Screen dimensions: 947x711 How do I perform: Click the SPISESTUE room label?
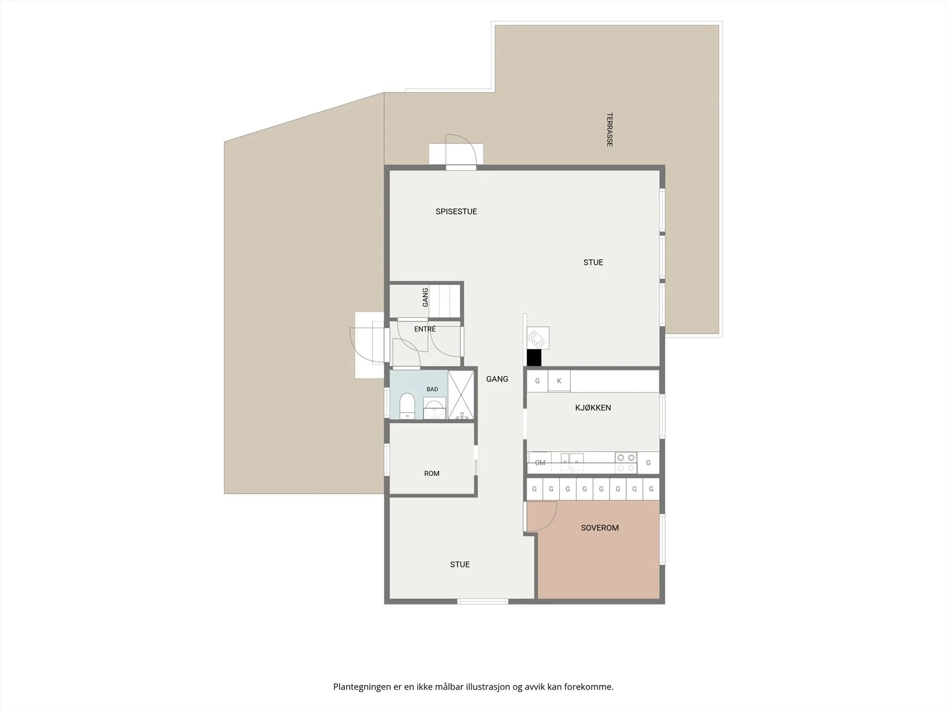(456, 212)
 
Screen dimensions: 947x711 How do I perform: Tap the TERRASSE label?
(610, 130)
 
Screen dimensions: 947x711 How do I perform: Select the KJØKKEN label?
(593, 408)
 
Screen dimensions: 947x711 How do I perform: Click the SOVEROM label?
(600, 527)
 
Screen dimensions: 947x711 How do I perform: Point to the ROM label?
(431, 473)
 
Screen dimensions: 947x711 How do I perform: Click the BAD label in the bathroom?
(432, 389)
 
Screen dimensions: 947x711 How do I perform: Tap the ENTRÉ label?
(425, 329)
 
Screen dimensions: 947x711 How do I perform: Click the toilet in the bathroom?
(407, 406)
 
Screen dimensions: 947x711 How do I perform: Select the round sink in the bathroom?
(434, 408)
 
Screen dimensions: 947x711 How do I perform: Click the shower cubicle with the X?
(460, 395)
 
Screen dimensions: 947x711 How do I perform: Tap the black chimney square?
(534, 357)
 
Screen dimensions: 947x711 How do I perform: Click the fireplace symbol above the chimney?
(537, 338)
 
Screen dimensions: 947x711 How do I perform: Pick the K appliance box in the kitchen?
(559, 381)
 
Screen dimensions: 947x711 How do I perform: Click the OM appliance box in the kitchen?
(540, 462)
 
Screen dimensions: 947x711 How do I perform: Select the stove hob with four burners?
(626, 462)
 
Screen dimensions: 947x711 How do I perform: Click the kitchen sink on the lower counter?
(572, 462)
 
